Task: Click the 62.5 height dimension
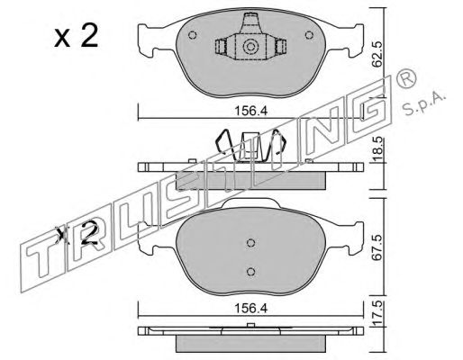(x=377, y=54)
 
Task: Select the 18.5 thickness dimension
(x=377, y=149)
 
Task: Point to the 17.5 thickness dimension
(x=377, y=313)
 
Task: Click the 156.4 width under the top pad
(x=250, y=112)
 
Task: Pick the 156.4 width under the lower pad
(x=250, y=308)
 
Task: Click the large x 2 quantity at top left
(x=77, y=35)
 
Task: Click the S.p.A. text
(x=424, y=104)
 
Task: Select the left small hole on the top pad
(x=192, y=35)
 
